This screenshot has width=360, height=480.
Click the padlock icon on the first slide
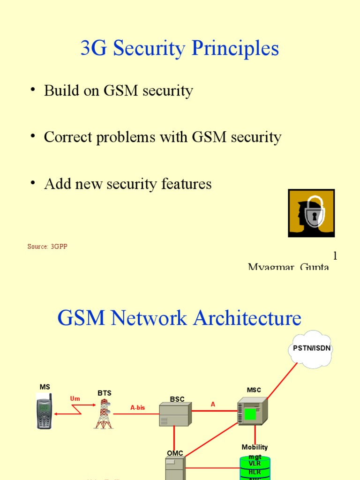[311, 213]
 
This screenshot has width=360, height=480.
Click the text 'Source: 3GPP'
[47, 247]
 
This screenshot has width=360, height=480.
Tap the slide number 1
[335, 256]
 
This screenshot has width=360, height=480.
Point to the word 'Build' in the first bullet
[61, 90]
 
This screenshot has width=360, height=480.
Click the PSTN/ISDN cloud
[311, 349]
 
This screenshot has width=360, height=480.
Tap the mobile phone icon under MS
[44, 411]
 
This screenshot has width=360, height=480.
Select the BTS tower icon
[104, 414]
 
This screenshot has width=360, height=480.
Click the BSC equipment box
[174, 414]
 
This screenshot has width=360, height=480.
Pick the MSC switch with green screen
[252, 411]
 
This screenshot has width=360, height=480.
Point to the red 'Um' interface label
[75, 398]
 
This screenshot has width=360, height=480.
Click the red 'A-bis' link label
[138, 408]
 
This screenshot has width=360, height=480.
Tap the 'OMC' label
[175, 453]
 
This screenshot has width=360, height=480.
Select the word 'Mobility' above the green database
[255, 447]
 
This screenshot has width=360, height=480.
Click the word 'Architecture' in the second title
[247, 318]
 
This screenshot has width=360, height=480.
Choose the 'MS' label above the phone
[45, 387]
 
